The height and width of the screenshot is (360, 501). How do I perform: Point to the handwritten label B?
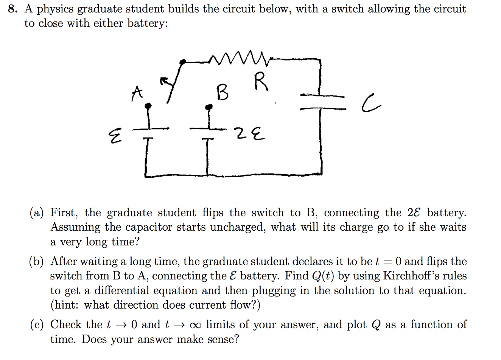point(222,93)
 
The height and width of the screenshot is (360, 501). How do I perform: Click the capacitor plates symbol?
point(322,102)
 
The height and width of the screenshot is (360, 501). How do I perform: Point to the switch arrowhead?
point(163,81)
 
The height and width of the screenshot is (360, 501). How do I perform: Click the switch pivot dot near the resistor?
point(182,61)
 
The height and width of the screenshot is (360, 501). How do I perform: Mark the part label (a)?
point(37,213)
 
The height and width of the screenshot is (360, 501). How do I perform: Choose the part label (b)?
point(37,262)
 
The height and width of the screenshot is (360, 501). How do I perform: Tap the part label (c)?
point(37,325)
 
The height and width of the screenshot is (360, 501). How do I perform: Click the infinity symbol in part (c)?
point(195,325)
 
